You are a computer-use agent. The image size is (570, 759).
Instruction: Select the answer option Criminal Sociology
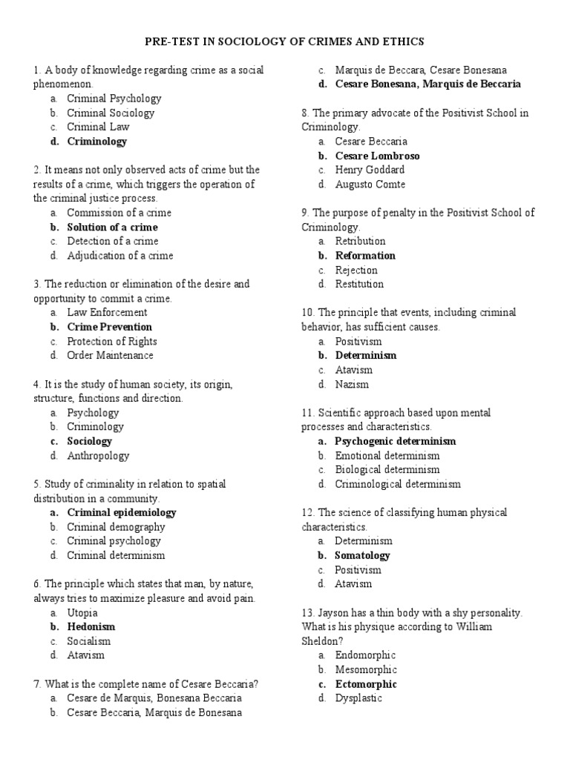[x=111, y=113]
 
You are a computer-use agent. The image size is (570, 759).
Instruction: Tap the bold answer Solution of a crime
[x=112, y=227]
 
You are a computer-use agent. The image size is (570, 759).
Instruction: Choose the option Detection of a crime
[x=112, y=241]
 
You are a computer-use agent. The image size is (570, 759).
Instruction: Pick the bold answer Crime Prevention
[x=110, y=327]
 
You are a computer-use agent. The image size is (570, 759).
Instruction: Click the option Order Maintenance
[x=110, y=355]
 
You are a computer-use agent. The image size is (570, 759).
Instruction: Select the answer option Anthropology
[x=98, y=456]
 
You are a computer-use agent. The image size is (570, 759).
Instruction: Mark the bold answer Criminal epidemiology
[x=122, y=512]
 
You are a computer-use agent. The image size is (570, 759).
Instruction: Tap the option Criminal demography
[x=116, y=527]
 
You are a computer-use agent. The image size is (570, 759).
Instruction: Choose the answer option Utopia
[x=82, y=613]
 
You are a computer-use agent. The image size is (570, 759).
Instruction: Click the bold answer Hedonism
[x=91, y=627]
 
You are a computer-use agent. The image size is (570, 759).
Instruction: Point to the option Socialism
[x=89, y=641]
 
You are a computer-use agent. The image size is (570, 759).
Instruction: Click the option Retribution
[x=360, y=241]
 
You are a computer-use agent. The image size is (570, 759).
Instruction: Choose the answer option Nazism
[x=352, y=384]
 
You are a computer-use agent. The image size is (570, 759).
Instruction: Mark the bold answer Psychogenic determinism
[x=396, y=441]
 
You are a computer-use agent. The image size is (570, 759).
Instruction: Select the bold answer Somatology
[x=362, y=555]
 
